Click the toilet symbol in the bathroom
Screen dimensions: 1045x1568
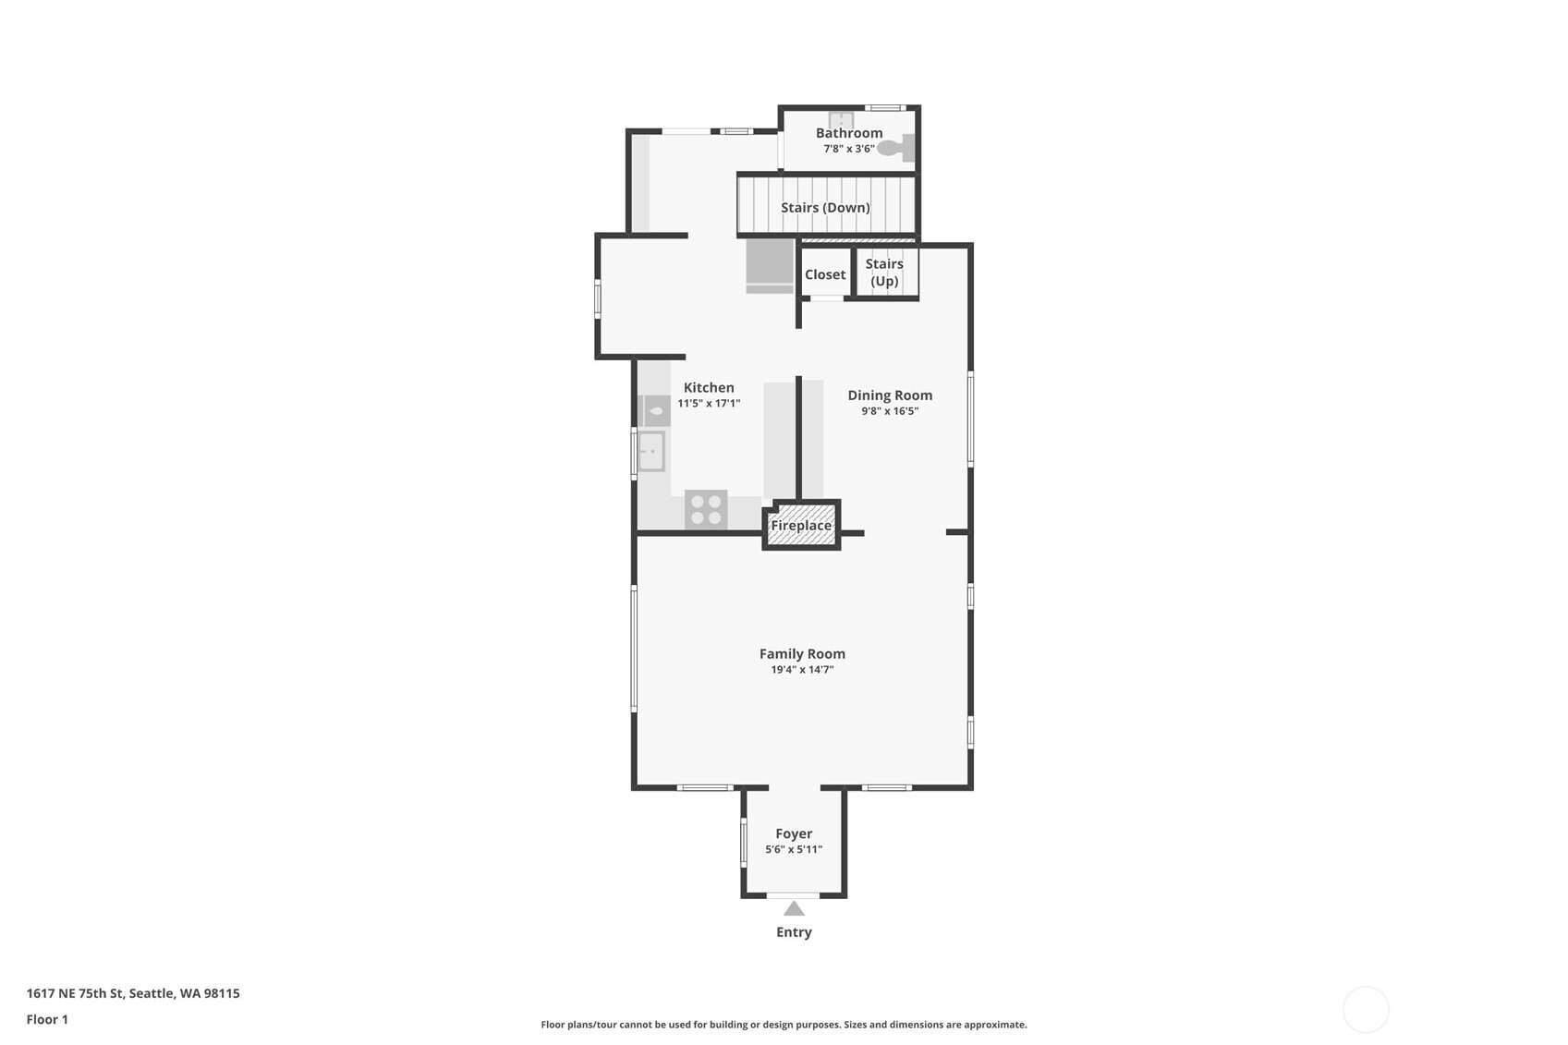coord(895,148)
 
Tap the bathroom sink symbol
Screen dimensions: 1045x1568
coord(840,119)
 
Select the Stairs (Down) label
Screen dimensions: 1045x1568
coord(825,207)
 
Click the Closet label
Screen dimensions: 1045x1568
coord(824,274)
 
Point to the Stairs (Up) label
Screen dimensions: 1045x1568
coord(884,273)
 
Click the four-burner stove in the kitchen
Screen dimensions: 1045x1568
coord(706,510)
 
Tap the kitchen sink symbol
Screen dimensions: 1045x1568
coord(651,452)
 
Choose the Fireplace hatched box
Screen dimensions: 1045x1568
coord(801,525)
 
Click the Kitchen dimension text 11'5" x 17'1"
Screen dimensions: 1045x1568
coord(709,404)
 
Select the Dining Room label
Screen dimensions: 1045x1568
coord(890,395)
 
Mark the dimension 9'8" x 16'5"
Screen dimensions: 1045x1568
coord(890,411)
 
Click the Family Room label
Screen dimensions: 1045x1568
coord(802,654)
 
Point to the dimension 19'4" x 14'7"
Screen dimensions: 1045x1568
coord(802,670)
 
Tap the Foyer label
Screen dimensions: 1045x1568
coord(794,833)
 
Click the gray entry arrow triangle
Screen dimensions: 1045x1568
coord(794,909)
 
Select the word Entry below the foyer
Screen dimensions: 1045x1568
coord(794,932)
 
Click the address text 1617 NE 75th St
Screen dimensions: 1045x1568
coord(132,993)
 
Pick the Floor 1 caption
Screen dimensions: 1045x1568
coord(47,1019)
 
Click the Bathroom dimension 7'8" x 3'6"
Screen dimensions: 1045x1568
coord(849,149)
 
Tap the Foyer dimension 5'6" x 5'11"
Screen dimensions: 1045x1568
coord(794,849)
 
